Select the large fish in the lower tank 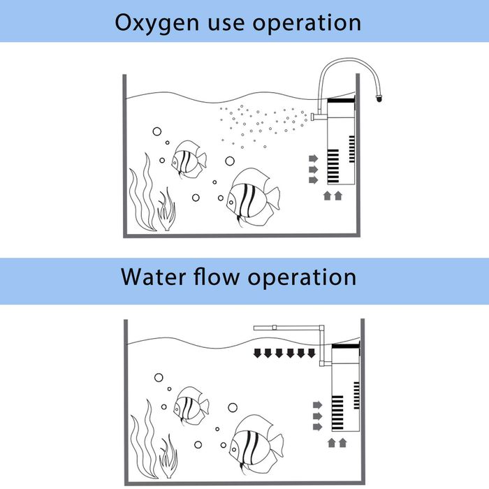[x=256, y=440]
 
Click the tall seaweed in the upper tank [x=141, y=189]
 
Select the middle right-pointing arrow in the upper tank [x=313, y=169]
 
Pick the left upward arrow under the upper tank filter [x=327, y=196]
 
